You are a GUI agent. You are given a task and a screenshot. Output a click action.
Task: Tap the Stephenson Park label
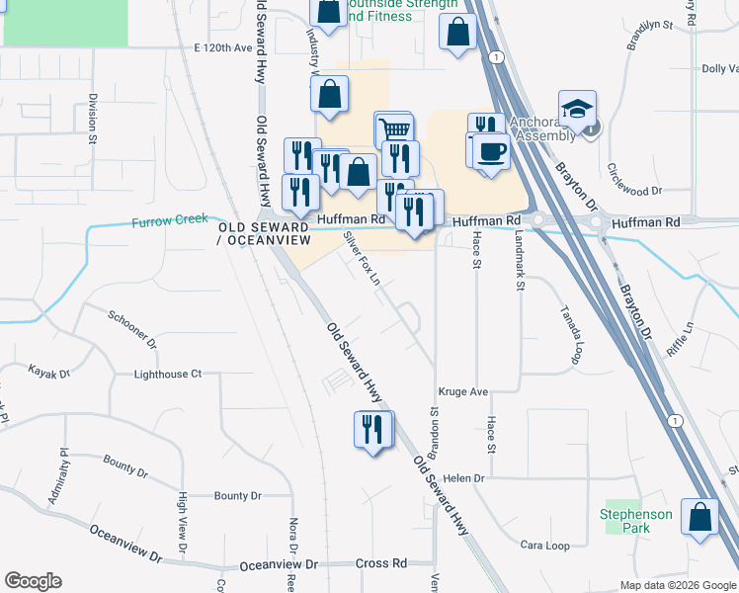[x=636, y=521]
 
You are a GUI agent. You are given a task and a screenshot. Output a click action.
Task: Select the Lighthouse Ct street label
[x=168, y=375]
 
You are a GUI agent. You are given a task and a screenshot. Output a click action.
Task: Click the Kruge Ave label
[x=463, y=392]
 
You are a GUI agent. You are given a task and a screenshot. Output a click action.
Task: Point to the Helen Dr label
[x=464, y=478]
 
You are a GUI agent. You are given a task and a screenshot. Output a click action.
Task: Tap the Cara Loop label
[x=545, y=546]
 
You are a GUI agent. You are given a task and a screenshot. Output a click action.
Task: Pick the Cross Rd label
[x=381, y=563]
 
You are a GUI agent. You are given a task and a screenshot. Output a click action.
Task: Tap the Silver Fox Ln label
[x=361, y=258]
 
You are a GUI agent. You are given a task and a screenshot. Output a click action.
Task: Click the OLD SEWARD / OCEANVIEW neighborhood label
[x=264, y=233]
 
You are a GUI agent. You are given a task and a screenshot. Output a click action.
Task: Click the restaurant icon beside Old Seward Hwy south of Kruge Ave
[x=373, y=430]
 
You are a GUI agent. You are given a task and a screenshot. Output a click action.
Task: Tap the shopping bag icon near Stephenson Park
[x=699, y=517]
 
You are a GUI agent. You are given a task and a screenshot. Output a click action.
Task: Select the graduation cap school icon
[x=577, y=110]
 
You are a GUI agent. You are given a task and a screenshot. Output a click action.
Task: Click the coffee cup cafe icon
[x=490, y=151]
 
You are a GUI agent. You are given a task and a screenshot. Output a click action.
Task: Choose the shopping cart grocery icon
[x=393, y=129]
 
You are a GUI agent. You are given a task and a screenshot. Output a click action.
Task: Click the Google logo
[x=33, y=581]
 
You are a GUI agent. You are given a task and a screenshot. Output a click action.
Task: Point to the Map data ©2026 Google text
[x=678, y=585]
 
